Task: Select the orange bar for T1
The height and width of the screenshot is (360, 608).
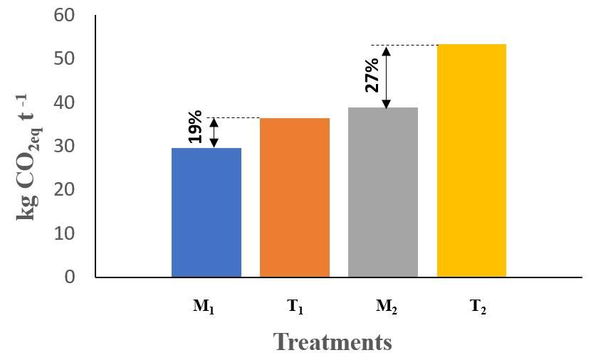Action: (295, 197)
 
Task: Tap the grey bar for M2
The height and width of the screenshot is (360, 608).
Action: (383, 192)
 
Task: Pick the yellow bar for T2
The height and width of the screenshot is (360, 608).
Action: (471, 160)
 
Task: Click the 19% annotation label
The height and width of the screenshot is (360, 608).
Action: (196, 127)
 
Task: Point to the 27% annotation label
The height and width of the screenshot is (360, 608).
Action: (372, 74)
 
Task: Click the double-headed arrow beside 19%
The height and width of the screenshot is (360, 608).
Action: (215, 132)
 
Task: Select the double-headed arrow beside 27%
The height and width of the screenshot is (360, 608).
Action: (387, 77)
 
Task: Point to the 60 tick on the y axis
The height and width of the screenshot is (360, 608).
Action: (65, 15)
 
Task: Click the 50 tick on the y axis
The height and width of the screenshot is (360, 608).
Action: (65, 58)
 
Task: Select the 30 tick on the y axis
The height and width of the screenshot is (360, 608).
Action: (65, 146)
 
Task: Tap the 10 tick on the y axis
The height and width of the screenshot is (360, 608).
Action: (65, 233)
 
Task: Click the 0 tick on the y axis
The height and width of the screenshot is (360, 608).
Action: (70, 277)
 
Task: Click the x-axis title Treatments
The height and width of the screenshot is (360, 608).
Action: (332, 342)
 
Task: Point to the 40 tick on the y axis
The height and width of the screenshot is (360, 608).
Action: (65, 102)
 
